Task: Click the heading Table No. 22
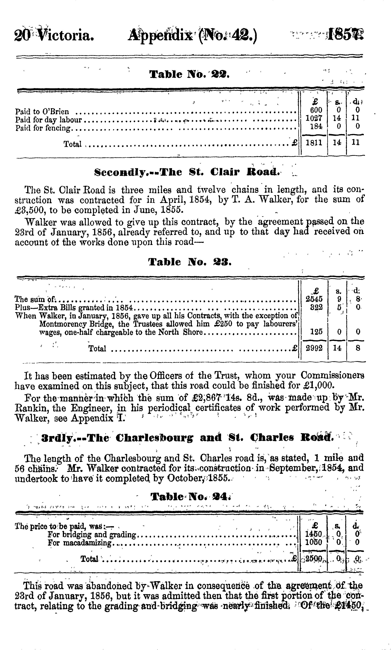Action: click(189, 75)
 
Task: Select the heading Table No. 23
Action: click(190, 262)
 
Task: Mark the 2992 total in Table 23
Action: click(314, 348)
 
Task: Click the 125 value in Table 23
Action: click(316, 332)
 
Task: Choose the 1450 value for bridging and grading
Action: click(313, 534)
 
